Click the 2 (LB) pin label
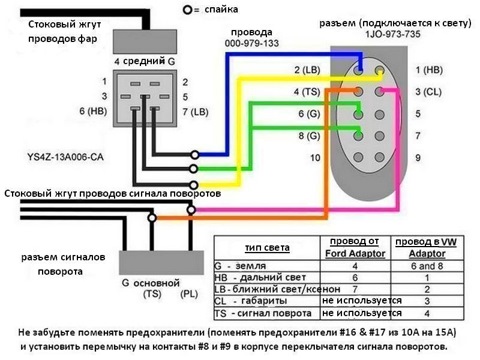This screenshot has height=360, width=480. click(x=306, y=71)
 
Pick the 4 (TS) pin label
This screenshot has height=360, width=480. click(x=306, y=92)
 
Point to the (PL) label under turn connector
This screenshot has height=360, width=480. click(x=188, y=296)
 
